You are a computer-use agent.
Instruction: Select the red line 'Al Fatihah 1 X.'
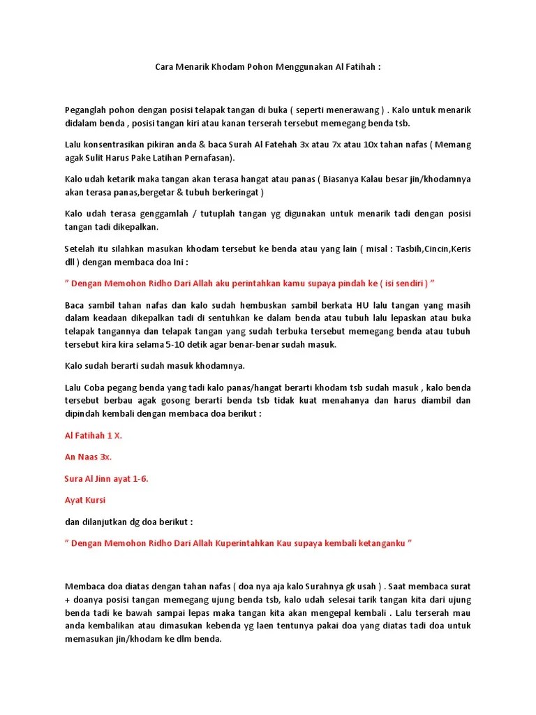(x=93, y=435)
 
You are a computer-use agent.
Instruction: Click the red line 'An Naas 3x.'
(x=88, y=457)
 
